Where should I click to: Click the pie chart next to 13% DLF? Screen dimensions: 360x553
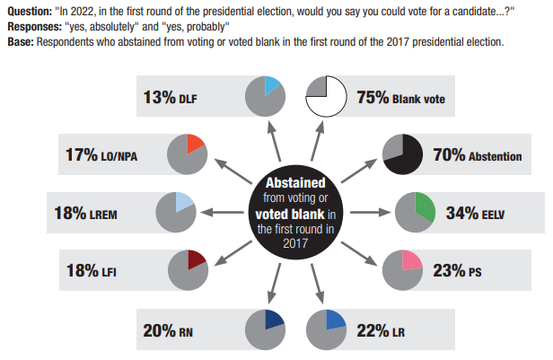(x=266, y=95)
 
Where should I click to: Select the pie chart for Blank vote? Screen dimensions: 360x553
(x=328, y=97)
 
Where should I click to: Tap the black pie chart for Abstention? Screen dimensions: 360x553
(x=404, y=155)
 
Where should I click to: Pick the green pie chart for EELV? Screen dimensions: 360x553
(x=417, y=213)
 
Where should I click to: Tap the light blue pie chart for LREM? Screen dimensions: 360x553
(x=176, y=213)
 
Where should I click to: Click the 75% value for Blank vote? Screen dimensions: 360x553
(x=372, y=98)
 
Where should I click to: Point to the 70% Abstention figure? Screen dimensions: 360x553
(x=448, y=155)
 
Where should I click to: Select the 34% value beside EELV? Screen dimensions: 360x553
(x=461, y=214)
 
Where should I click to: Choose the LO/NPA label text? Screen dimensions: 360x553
(x=121, y=156)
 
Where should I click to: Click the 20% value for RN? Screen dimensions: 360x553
(x=160, y=330)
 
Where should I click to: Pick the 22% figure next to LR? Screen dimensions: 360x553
(x=372, y=330)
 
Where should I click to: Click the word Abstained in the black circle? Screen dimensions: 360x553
(x=294, y=182)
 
